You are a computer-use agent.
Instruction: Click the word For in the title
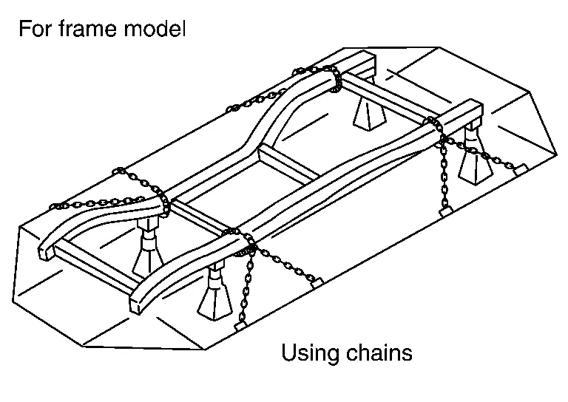33,30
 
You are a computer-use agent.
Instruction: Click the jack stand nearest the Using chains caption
214,296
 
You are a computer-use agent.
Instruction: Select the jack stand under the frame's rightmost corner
470,159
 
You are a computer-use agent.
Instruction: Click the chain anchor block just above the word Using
316,283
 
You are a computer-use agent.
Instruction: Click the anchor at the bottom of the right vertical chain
444,211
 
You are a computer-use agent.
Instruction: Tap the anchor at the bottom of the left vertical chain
240,325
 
